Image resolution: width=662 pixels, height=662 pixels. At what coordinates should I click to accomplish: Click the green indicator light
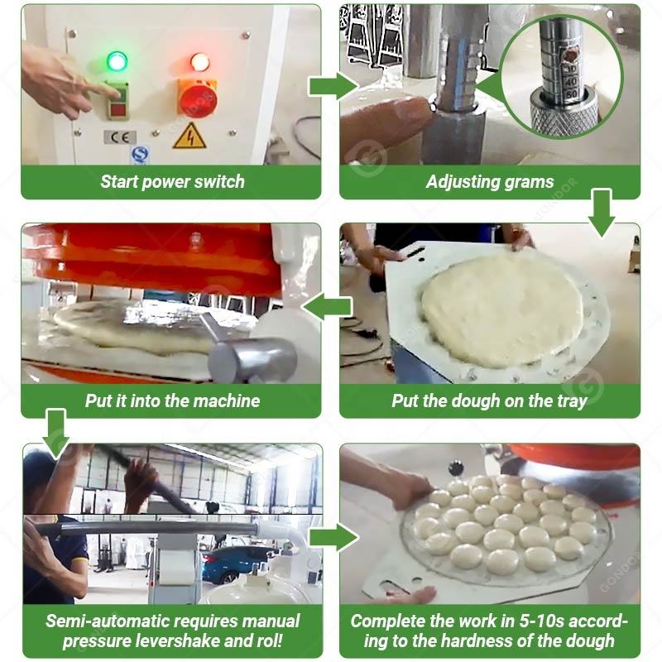click(x=117, y=60)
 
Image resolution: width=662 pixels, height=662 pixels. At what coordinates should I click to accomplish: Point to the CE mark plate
click(x=120, y=137)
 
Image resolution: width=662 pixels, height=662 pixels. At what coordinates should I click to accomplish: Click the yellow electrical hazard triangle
click(x=189, y=136)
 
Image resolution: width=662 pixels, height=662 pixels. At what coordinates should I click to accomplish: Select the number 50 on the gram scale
click(x=571, y=94)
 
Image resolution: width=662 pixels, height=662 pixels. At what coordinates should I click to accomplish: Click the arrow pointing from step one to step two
click(x=333, y=86)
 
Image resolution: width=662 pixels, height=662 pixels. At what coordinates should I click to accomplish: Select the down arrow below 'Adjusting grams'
click(x=602, y=213)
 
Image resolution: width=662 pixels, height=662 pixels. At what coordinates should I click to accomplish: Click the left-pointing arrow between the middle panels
click(x=328, y=306)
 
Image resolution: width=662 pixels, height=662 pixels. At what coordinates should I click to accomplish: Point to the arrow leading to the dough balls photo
click(x=334, y=537)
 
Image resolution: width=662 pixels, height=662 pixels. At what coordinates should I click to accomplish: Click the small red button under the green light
click(x=118, y=111)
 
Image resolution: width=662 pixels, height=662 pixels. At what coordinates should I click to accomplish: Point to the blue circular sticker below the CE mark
click(x=138, y=155)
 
